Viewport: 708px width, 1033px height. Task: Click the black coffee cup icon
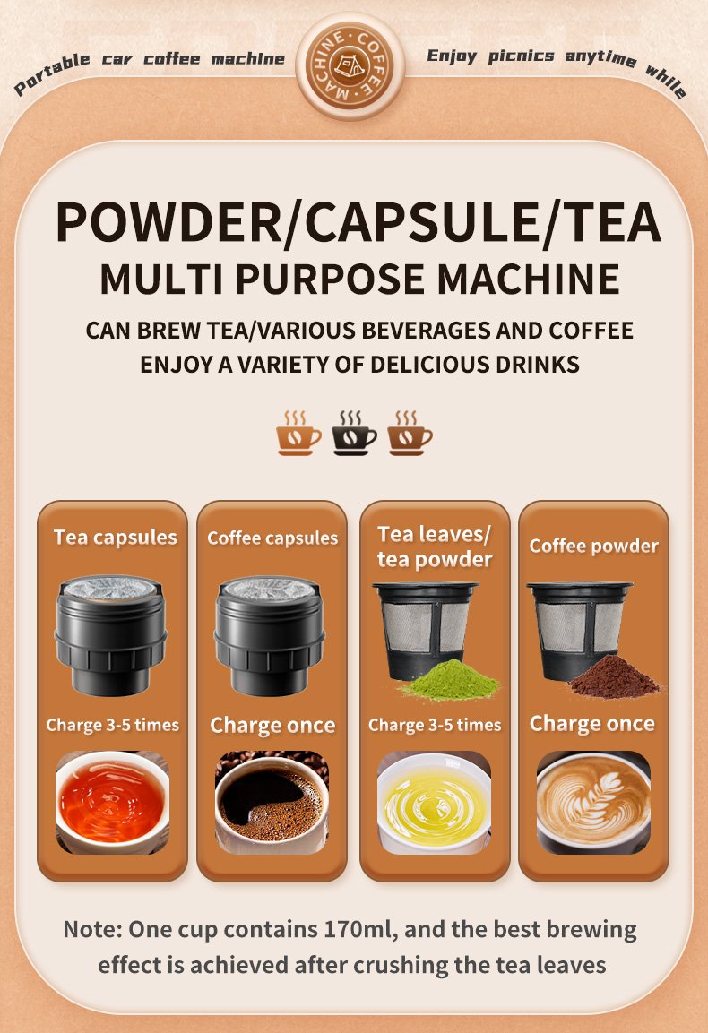(354, 434)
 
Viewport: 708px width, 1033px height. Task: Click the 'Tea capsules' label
(116, 538)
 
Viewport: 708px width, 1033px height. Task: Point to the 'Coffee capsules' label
(272, 538)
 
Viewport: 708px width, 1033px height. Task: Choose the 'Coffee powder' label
(594, 547)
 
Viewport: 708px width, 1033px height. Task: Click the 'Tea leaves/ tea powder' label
(435, 547)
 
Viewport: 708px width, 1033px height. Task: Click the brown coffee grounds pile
(614, 677)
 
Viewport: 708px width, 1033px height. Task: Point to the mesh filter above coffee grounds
(578, 629)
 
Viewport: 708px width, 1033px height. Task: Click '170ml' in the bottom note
(360, 930)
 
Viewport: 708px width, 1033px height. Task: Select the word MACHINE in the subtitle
(529, 280)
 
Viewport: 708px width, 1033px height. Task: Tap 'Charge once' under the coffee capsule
(272, 726)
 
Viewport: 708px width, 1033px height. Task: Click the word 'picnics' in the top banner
(521, 56)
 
